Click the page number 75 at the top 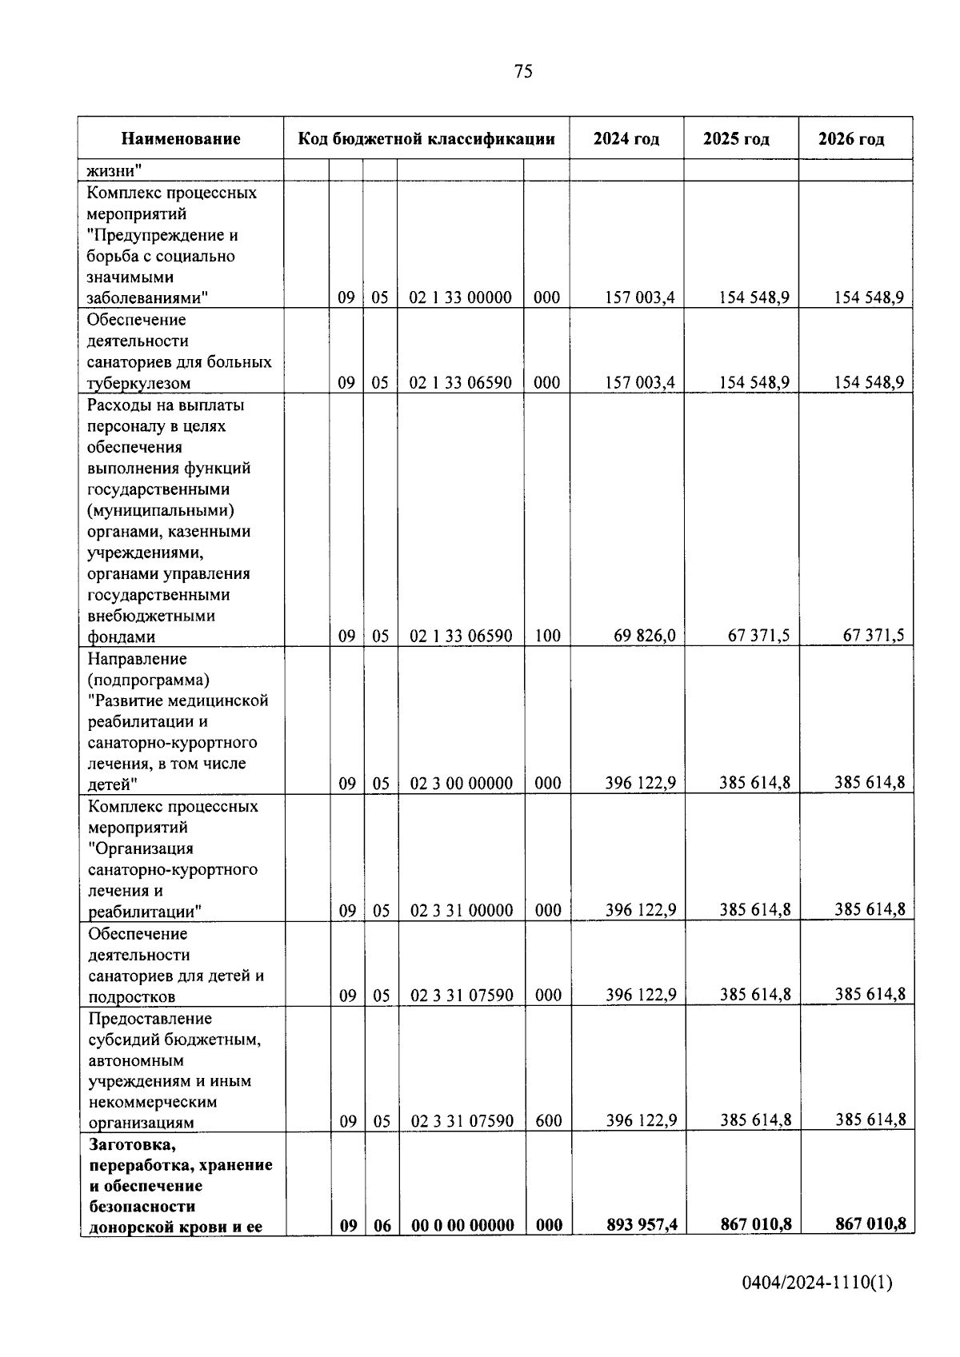click(523, 72)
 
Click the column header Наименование click(181, 139)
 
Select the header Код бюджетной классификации click(426, 139)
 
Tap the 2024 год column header click(626, 139)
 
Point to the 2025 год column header click(736, 139)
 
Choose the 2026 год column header click(851, 139)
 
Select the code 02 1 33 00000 click(461, 297)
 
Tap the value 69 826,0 click(645, 636)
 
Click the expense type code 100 click(547, 637)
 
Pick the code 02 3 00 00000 click(462, 784)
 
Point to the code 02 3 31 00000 click(462, 911)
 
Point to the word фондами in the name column click(122, 637)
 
